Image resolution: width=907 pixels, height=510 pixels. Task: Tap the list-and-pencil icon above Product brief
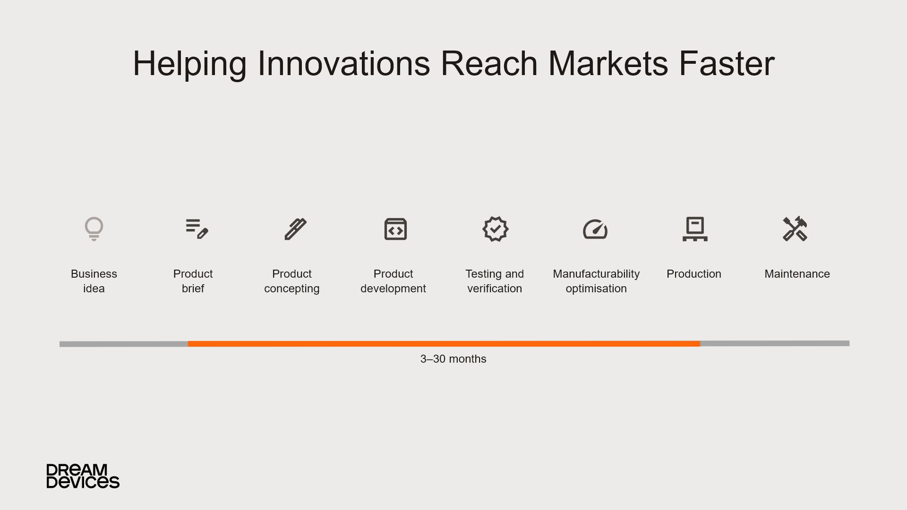click(197, 229)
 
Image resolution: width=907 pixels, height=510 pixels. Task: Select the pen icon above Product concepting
click(296, 229)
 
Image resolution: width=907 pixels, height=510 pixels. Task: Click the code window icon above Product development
click(395, 229)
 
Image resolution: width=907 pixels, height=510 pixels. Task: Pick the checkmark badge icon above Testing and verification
click(495, 229)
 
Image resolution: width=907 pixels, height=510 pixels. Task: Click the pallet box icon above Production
click(695, 229)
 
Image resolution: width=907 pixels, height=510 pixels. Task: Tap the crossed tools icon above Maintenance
click(795, 229)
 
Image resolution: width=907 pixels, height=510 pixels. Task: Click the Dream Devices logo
click(83, 476)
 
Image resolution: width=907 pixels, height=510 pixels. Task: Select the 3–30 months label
click(453, 359)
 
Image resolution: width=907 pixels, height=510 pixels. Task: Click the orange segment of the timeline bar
click(444, 344)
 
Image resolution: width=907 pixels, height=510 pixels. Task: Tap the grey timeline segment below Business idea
click(124, 344)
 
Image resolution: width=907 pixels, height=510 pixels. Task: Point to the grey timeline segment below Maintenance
click(775, 343)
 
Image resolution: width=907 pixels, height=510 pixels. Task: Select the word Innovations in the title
click(344, 64)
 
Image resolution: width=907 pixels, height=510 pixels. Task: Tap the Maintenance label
click(797, 274)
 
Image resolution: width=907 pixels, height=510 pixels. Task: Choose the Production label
click(694, 274)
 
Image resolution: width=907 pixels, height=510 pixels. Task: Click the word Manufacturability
click(596, 274)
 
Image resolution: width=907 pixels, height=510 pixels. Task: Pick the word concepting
click(292, 289)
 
